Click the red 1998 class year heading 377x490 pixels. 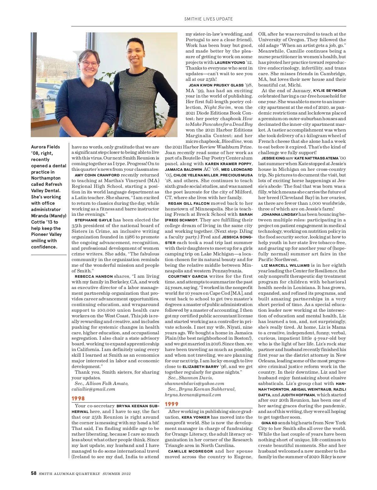point(78,398)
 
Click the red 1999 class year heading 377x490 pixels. point(172,404)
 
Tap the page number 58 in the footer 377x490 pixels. point(34,473)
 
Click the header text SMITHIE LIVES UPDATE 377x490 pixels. point(208,19)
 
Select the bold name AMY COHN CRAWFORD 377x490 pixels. point(97,175)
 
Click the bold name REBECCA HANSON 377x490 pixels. point(94,276)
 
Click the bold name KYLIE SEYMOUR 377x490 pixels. point(330,91)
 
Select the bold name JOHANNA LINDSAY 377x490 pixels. point(280,214)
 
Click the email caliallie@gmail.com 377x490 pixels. point(93,389)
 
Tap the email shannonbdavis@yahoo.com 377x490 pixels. point(194,383)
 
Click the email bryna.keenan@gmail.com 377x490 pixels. point(193,395)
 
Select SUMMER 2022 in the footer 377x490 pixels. point(117,474)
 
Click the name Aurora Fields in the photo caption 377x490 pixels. point(46,147)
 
